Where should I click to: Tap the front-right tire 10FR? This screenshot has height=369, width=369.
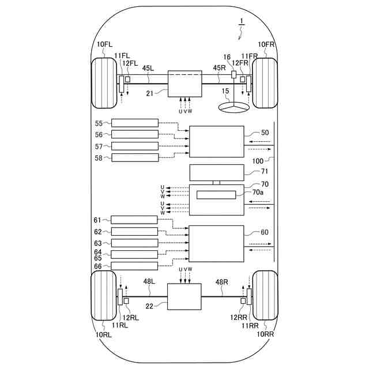[265, 82]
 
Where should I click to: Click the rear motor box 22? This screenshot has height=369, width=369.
[184, 296]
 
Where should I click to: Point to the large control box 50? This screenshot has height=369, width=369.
[217, 141]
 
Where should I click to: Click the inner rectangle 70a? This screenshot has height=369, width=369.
[216, 195]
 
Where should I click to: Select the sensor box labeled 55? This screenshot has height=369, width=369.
[134, 123]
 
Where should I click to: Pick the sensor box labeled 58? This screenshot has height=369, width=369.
[134, 157]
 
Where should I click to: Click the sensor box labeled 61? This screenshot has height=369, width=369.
[134, 220]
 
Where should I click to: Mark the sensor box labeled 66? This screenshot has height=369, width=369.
[134, 266]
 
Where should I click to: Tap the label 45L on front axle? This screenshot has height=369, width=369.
[149, 68]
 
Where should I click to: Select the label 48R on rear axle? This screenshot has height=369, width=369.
[222, 283]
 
